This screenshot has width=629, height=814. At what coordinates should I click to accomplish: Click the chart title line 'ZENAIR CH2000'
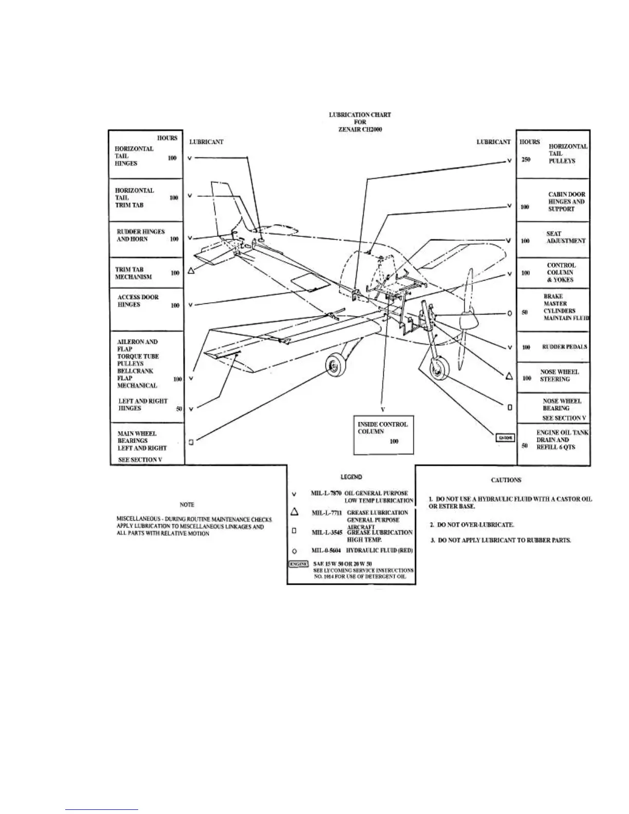click(x=360, y=129)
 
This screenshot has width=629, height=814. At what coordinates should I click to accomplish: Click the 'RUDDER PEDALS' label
click(x=565, y=347)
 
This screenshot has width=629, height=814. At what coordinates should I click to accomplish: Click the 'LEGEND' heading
click(x=351, y=477)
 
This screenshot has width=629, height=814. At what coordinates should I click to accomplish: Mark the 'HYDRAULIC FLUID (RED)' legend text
click(x=379, y=551)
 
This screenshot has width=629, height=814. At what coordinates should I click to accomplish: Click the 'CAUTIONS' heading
click(x=506, y=480)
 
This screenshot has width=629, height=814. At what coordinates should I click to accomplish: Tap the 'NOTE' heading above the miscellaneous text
click(x=187, y=505)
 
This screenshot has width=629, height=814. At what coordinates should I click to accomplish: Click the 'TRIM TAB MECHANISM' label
click(x=134, y=273)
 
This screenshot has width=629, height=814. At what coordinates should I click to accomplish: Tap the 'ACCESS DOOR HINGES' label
click(x=138, y=301)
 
